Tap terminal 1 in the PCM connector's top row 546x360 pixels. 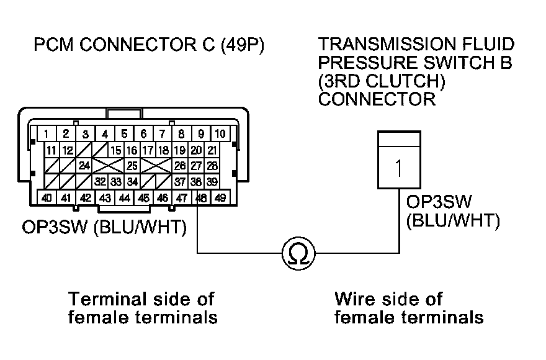pyautogui.click(x=47, y=133)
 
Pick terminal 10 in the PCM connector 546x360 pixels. pyautogui.click(x=220, y=133)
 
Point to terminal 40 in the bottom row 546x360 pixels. pyautogui.click(x=47, y=198)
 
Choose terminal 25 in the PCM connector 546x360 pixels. pyautogui.click(x=132, y=166)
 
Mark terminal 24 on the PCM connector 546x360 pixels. pyautogui.click(x=84, y=166)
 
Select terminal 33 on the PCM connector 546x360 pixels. pyautogui.click(x=116, y=182)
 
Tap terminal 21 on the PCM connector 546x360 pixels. pyautogui.click(x=212, y=150)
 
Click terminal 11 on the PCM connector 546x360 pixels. pyautogui.click(x=51, y=150)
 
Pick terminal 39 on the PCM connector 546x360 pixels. pyautogui.click(x=212, y=182)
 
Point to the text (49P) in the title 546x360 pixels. pyautogui.click(x=242, y=47)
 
